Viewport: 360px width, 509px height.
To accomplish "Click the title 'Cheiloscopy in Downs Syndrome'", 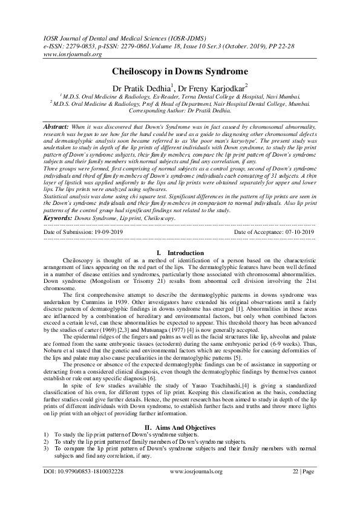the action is point(180,71).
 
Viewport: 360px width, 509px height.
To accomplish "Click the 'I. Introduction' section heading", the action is point(180,253).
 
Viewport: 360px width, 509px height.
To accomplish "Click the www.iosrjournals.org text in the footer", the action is point(197,487).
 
